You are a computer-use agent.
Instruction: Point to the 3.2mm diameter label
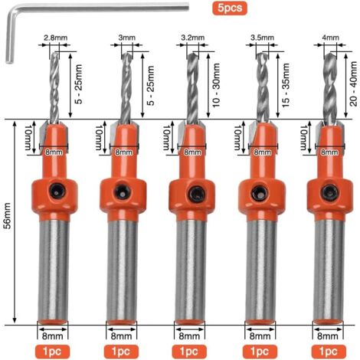(x=192, y=36)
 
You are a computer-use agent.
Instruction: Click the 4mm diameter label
(x=331, y=36)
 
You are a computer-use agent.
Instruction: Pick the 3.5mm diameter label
(x=263, y=36)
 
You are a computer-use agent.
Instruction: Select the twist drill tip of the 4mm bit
(x=330, y=84)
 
